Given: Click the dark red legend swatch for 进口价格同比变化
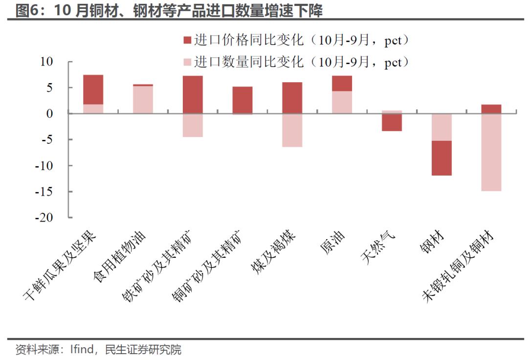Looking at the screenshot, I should click(187, 40).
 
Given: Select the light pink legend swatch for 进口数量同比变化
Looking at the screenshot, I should click(187, 63).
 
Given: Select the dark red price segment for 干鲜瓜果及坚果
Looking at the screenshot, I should click(93, 90).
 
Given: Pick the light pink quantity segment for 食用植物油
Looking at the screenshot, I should click(143, 100).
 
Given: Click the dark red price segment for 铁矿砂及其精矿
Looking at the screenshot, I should click(193, 94).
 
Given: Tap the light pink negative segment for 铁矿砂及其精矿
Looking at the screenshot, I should click(193, 125).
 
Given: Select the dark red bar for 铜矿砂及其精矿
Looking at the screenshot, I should click(242, 100).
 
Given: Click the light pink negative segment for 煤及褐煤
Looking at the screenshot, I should click(292, 130).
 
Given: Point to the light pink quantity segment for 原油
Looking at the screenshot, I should click(342, 102).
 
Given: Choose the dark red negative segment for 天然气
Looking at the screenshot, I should click(392, 122).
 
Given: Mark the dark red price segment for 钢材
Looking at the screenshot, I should click(441, 158).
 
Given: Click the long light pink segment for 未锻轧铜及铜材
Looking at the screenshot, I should click(491, 152).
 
